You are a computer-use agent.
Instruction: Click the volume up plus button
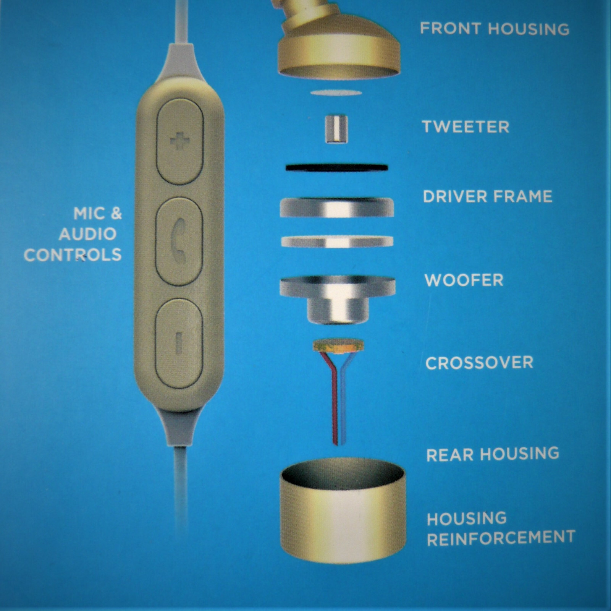180,142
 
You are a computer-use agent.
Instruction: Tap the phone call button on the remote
179,241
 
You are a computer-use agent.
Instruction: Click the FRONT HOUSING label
495,29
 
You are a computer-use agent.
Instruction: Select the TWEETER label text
466,127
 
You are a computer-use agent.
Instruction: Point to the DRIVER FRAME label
488,196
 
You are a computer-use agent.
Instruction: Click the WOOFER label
464,280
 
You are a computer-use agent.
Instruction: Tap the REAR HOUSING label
493,454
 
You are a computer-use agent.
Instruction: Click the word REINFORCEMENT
501,538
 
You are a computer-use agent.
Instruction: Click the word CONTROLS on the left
73,255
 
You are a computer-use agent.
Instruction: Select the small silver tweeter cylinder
336,129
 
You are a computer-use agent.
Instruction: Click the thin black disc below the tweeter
336,168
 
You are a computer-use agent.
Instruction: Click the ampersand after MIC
116,214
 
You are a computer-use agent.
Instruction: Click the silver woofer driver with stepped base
338,300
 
